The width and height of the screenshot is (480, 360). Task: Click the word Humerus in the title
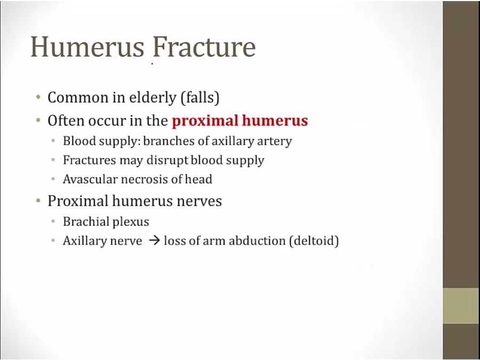pyautogui.click(x=87, y=46)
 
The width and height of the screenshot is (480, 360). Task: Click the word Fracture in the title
pyautogui.click(x=204, y=46)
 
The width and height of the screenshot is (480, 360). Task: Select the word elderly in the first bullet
pyautogui.click(x=153, y=98)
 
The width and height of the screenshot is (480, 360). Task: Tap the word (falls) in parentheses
pyautogui.click(x=200, y=98)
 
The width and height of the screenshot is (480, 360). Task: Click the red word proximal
pyautogui.click(x=205, y=121)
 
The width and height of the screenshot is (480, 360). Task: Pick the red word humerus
pyautogui.click(x=275, y=121)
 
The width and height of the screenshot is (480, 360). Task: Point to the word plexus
pyautogui.click(x=129, y=222)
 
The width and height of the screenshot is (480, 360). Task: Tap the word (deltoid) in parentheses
pyautogui.click(x=314, y=241)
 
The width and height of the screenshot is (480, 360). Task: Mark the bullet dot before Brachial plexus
pyautogui.click(x=53, y=221)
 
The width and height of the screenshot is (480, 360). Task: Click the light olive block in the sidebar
pyautogui.click(x=461, y=306)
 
